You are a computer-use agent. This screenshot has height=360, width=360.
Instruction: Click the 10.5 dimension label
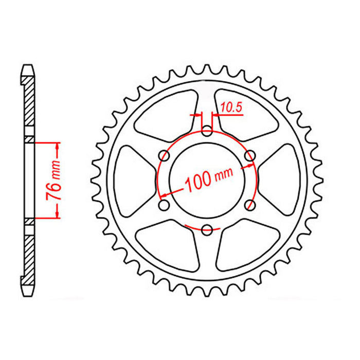(230, 107)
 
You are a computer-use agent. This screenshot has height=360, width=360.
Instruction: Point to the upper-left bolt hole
(165, 155)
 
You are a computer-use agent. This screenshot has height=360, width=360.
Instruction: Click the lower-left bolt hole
(165, 205)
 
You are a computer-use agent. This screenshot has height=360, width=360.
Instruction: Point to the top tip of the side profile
(29, 65)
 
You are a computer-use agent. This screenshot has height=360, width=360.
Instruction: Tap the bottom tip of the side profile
(29, 295)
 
